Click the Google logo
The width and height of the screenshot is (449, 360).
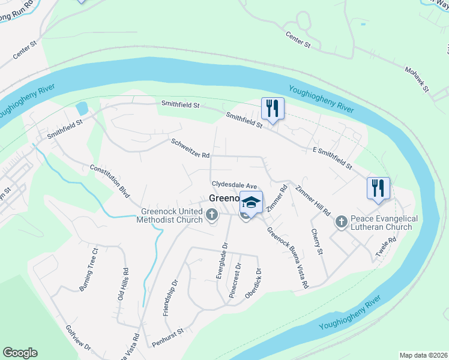pyautogui.click(x=20, y=353)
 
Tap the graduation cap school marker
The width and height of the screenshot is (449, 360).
pyautogui.click(x=252, y=202)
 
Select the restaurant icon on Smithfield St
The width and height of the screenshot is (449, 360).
pyautogui.click(x=273, y=109)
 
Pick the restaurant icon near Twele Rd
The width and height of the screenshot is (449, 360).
pyautogui.click(x=379, y=188)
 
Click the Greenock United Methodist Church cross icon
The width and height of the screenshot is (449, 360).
pyautogui.click(x=212, y=215)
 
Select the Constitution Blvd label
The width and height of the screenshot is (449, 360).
pyautogui.click(x=110, y=178)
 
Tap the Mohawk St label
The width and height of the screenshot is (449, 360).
pyautogui.click(x=418, y=79)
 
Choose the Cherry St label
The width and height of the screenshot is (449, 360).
pyautogui.click(x=317, y=241)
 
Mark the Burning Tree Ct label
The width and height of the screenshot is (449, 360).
pyautogui.click(x=88, y=269)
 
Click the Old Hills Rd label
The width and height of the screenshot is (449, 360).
pyautogui.click(x=122, y=284)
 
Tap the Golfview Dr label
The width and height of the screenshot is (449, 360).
pyautogui.click(x=80, y=338)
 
